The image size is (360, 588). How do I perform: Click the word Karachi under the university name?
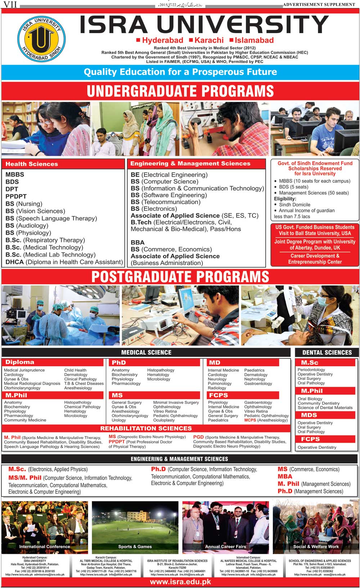209,40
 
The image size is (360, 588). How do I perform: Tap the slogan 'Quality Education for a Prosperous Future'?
180,72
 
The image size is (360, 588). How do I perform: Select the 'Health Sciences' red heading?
32,164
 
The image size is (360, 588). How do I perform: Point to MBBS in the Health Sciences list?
15,175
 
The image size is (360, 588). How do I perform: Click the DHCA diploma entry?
64,262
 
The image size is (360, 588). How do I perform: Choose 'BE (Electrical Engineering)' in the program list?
169,175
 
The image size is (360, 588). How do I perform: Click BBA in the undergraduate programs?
138,243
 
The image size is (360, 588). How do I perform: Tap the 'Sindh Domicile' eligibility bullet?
294,204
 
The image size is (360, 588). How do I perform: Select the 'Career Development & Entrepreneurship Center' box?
315,259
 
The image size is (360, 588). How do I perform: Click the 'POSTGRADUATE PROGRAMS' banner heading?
180,276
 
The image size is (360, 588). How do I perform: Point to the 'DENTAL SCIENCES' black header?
327,353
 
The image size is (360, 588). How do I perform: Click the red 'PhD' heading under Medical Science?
119,363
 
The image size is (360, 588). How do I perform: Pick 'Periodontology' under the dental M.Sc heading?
311,370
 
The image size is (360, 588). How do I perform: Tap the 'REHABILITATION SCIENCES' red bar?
146,428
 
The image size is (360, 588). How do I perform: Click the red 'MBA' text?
285,476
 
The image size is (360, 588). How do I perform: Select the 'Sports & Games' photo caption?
135,547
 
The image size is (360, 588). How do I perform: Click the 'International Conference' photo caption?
45,547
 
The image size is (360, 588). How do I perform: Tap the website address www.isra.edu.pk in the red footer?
180,582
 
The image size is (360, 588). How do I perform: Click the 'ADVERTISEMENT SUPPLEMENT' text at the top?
319,4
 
